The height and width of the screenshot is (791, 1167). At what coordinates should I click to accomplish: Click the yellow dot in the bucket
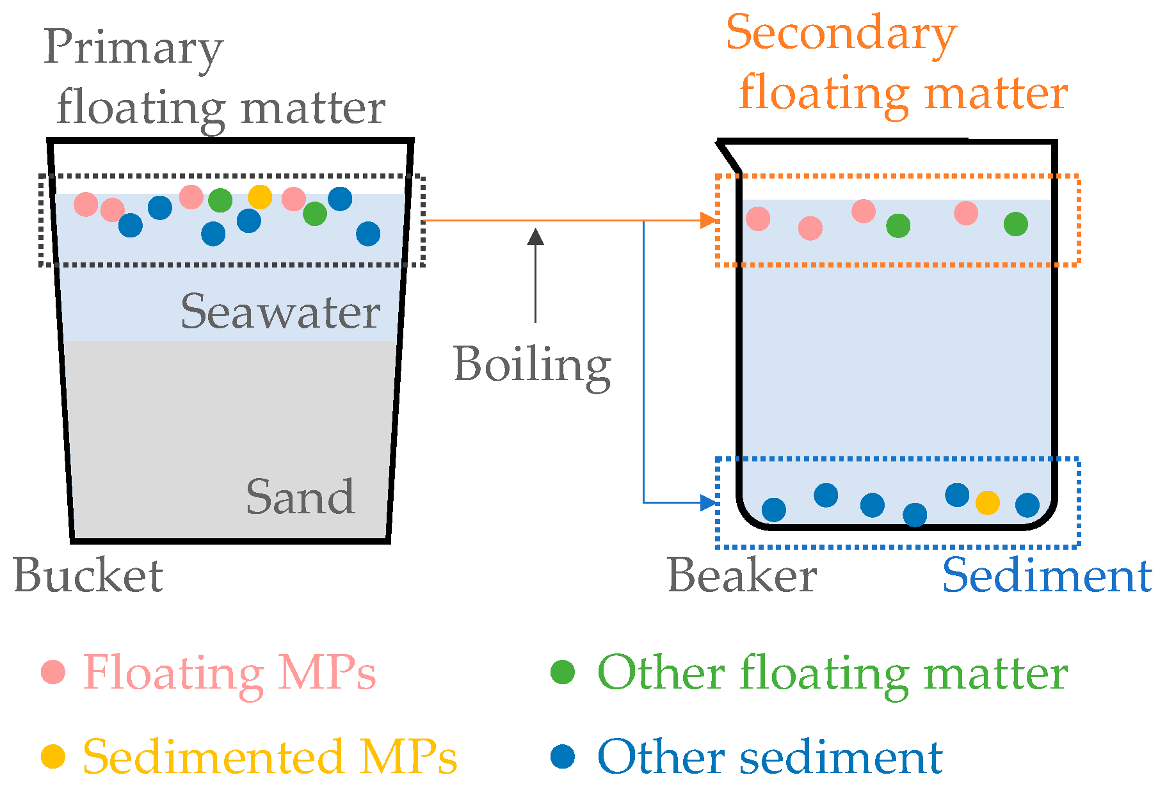pyautogui.click(x=260, y=197)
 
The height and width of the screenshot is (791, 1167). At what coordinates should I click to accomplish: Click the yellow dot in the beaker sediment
pyautogui.click(x=987, y=503)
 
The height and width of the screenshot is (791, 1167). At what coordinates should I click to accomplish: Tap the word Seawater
pyautogui.click(x=280, y=312)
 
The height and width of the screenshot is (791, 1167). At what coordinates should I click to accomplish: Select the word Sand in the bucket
pyautogui.click(x=300, y=497)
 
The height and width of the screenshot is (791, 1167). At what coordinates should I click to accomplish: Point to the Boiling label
pyautogui.click(x=532, y=365)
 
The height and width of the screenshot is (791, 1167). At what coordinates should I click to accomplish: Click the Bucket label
pyautogui.click(x=88, y=575)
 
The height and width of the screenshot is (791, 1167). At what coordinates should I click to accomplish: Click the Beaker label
pyautogui.click(x=742, y=575)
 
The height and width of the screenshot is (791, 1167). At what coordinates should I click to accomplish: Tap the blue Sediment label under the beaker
pyautogui.click(x=1047, y=575)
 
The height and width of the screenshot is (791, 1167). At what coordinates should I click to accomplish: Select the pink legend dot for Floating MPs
pyautogui.click(x=53, y=671)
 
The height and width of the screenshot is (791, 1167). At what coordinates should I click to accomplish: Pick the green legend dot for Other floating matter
pyautogui.click(x=563, y=671)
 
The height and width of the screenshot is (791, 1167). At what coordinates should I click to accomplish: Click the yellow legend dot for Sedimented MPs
pyautogui.click(x=53, y=756)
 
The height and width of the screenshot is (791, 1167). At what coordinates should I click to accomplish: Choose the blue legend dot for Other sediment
pyautogui.click(x=563, y=756)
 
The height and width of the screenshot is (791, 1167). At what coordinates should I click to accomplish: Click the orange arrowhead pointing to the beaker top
pyautogui.click(x=708, y=221)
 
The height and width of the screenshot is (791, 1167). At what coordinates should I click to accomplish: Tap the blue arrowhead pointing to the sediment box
pyautogui.click(x=708, y=503)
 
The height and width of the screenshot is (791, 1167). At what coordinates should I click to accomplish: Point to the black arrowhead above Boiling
pyautogui.click(x=536, y=237)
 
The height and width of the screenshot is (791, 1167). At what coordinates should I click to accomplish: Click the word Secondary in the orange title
pyautogui.click(x=841, y=33)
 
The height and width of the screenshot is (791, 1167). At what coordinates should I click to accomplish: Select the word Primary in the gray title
pyautogui.click(x=133, y=48)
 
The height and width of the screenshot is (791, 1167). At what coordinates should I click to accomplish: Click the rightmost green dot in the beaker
pyautogui.click(x=1015, y=224)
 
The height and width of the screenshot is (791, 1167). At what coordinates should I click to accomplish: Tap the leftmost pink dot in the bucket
pyautogui.click(x=86, y=205)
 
